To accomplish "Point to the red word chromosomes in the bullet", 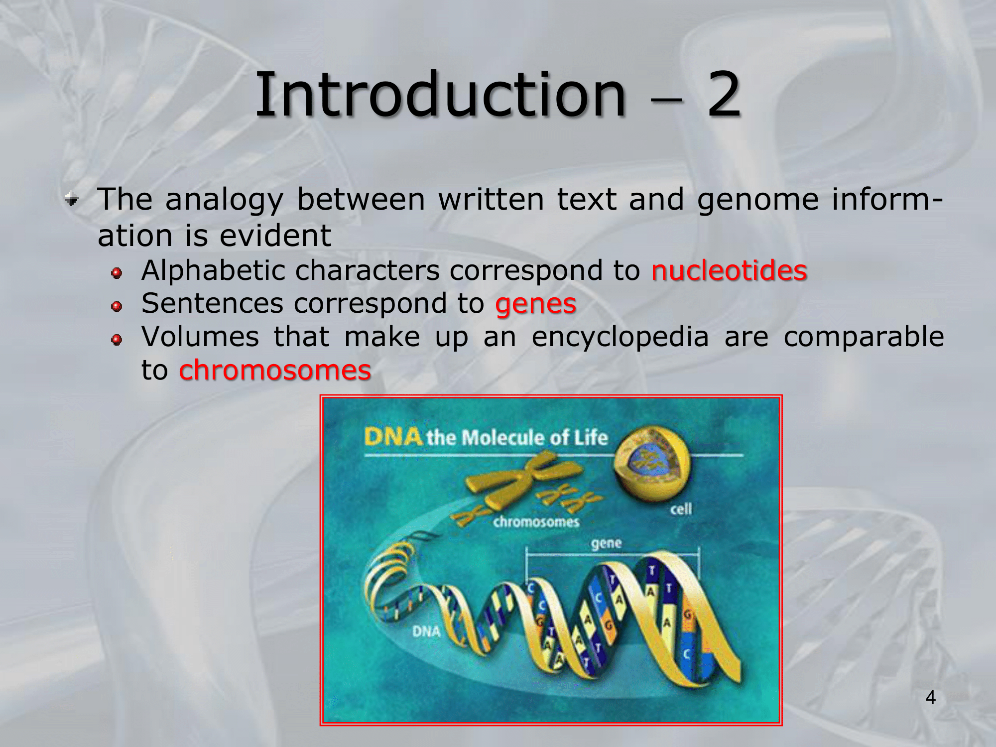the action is (x=275, y=370).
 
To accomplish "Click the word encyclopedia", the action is (x=620, y=338).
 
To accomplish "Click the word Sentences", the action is (x=213, y=303).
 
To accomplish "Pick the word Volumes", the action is (x=200, y=337).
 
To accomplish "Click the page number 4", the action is (x=931, y=697).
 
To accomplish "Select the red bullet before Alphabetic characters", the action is (x=117, y=273).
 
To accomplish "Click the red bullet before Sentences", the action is (x=117, y=306).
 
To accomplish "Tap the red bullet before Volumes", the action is (x=117, y=340).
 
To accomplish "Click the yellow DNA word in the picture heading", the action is (x=393, y=437).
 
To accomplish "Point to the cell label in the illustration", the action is (x=681, y=509).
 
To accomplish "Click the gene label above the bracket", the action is (x=607, y=543).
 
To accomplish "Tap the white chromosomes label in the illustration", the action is (x=536, y=521).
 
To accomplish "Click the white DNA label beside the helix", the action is (x=427, y=631).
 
